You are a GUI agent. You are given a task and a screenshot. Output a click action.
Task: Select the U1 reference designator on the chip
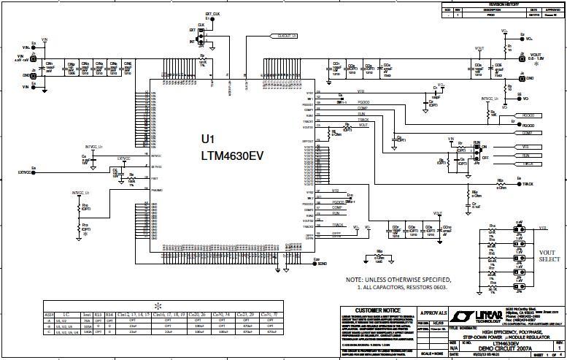click(x=208, y=139)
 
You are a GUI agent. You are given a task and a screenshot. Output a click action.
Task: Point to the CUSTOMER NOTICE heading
click(x=374, y=310)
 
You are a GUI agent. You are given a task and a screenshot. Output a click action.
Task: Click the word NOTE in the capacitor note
click(x=355, y=280)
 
